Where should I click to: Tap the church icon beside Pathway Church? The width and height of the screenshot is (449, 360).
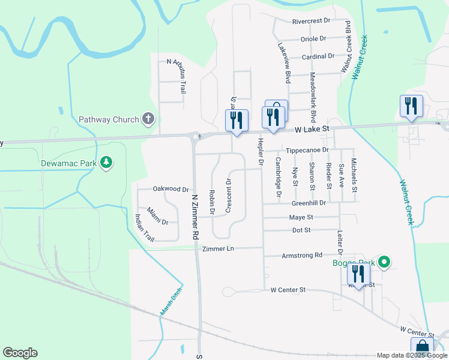[x=148, y=119]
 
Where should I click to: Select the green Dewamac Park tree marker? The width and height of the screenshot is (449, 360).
[x=106, y=163]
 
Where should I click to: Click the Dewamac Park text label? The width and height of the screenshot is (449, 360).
[x=68, y=163]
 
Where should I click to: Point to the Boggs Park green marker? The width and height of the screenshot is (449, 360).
[x=385, y=262]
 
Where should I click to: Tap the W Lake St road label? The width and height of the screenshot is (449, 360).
[x=312, y=129]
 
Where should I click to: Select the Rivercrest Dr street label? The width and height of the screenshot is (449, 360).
[x=312, y=21]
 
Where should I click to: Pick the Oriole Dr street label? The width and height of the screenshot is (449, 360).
[x=313, y=38]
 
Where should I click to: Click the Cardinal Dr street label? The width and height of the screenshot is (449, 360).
[x=318, y=56]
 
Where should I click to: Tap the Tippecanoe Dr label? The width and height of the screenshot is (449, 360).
[x=307, y=150]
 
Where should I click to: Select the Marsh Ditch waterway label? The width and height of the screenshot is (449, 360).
[x=170, y=302]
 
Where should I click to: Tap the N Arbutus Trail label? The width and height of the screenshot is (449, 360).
[x=176, y=76]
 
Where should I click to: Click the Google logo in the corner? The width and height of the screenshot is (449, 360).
[x=20, y=353]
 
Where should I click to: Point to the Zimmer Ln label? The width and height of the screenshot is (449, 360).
[x=217, y=248]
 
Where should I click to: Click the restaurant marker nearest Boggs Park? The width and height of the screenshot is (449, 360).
[x=358, y=275]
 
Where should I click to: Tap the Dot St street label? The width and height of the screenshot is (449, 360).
[x=301, y=230]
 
